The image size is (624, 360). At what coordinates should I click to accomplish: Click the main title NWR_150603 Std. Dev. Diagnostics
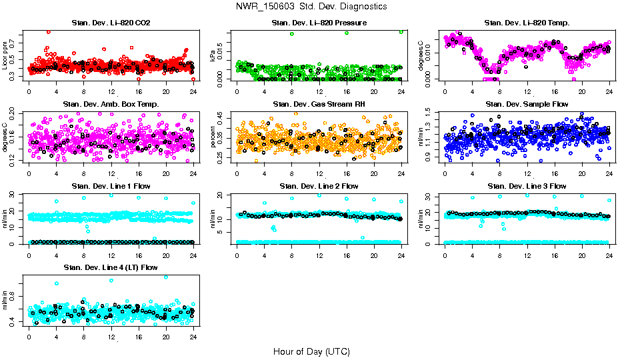311,7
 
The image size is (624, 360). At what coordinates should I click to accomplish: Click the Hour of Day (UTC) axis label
311,351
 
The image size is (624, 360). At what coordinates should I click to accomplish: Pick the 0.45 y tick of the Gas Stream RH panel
223,115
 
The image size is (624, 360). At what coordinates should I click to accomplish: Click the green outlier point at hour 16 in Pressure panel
347,33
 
